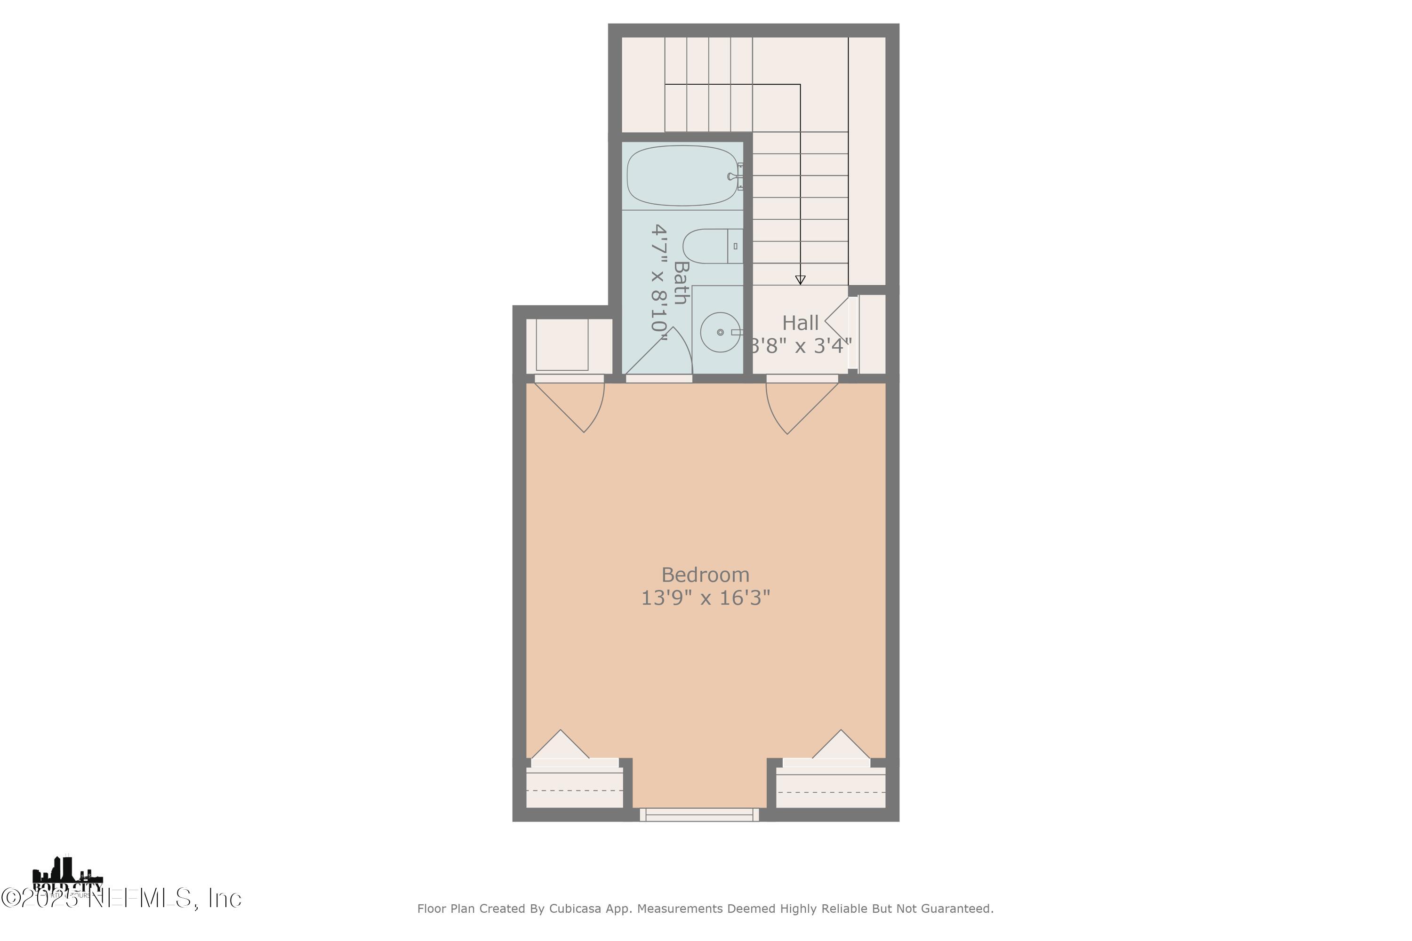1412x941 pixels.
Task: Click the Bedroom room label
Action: click(706, 575)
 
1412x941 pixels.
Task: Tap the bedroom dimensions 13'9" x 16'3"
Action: click(706, 598)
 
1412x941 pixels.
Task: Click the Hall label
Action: click(800, 323)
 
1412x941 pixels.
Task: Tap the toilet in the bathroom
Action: click(711, 246)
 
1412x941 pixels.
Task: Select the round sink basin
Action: click(720, 332)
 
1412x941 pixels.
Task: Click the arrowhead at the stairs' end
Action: click(800, 279)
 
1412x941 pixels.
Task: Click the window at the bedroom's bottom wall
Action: click(699, 814)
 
